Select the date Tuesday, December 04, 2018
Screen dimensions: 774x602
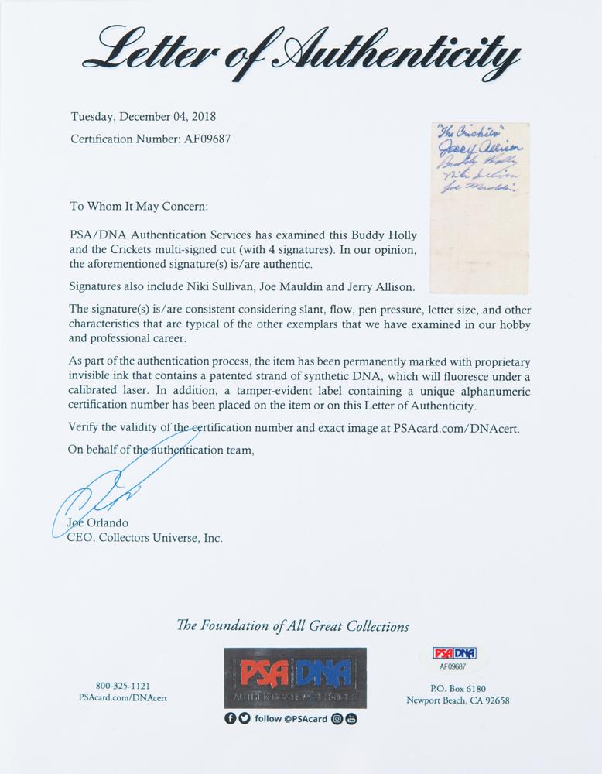pos(143,118)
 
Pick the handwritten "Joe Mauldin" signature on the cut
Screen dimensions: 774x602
pos(481,189)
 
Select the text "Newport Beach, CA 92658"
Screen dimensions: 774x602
pos(458,701)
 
